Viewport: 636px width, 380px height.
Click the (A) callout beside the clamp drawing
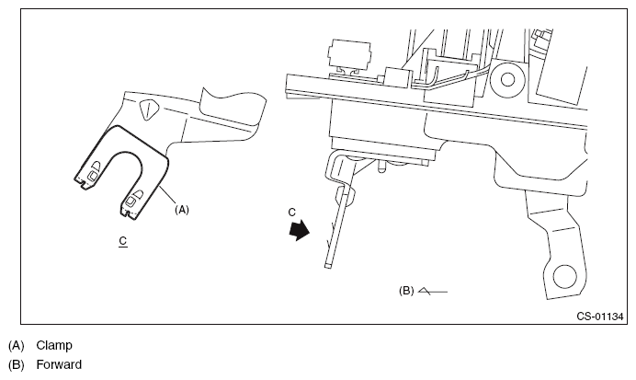click(182, 210)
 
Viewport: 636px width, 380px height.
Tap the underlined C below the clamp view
click(122, 241)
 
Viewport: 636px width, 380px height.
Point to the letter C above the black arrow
click(291, 212)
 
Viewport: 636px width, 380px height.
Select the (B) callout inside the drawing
click(406, 290)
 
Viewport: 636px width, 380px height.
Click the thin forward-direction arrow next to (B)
click(432, 291)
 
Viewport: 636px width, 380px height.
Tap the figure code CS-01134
click(600, 317)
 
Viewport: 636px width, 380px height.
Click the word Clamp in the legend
click(54, 346)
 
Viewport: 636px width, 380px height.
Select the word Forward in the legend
click(59, 364)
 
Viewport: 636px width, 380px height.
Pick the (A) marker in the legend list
click(16, 346)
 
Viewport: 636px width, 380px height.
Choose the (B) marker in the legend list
click(16, 364)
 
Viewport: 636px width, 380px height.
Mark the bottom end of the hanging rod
click(326, 268)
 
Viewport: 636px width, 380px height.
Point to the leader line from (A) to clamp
click(166, 195)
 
